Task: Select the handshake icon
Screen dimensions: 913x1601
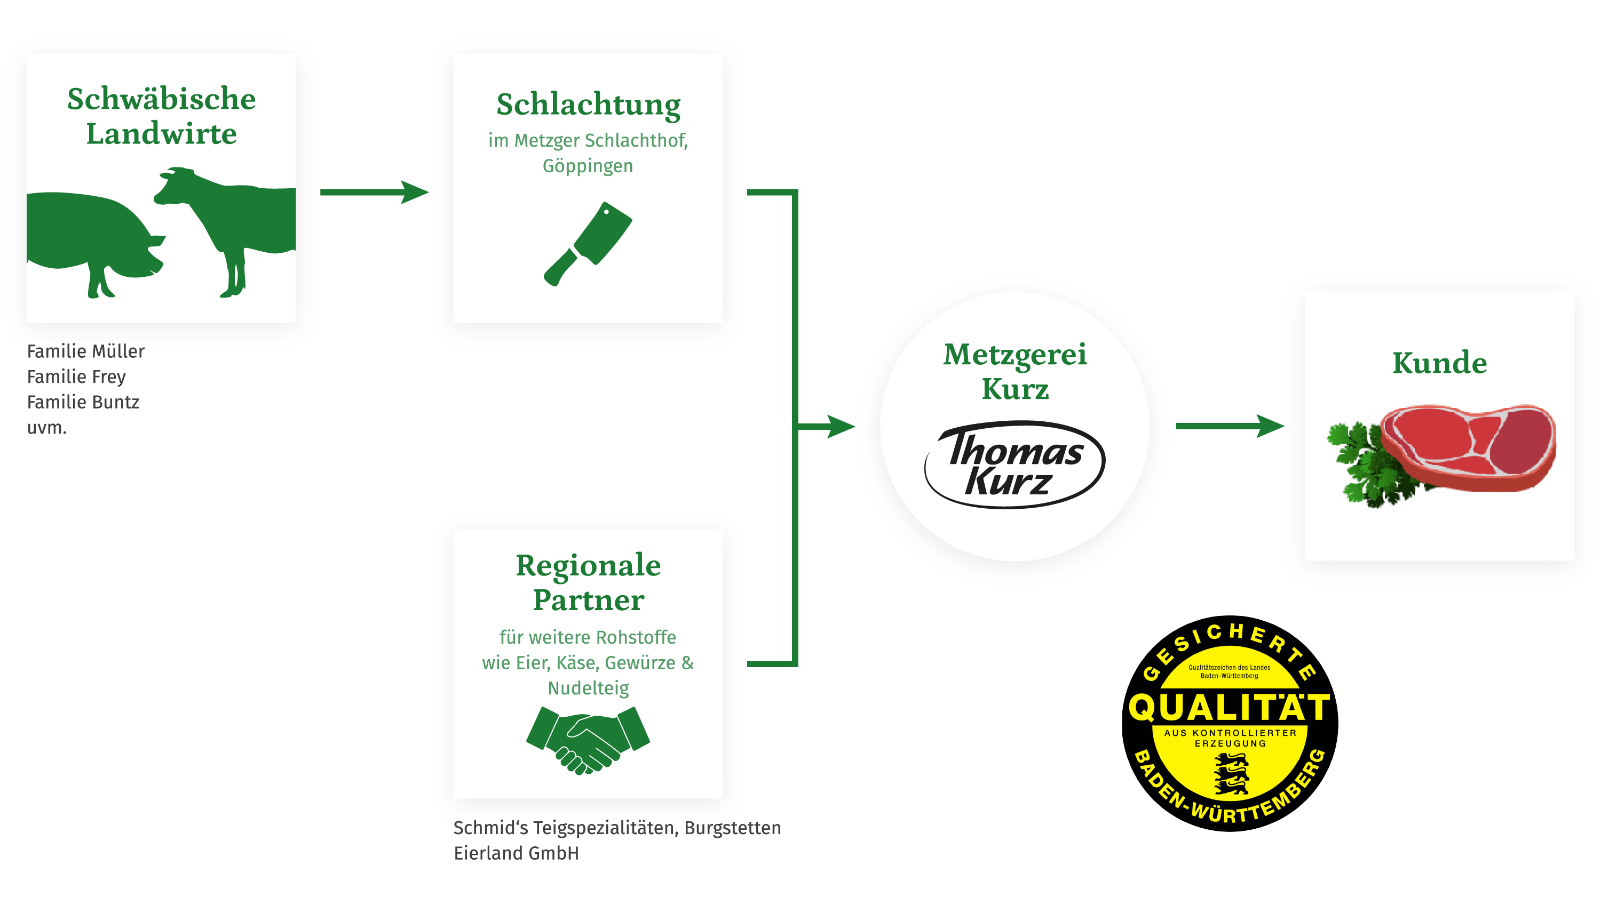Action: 588,739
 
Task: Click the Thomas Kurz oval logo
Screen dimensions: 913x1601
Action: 1015,464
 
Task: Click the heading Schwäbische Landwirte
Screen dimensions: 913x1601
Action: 161,116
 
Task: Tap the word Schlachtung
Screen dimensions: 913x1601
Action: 588,104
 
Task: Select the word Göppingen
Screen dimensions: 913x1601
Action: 588,166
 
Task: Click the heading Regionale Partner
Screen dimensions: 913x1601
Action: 588,582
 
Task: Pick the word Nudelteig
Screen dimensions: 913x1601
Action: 588,688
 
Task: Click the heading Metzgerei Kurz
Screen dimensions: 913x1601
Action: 1015,371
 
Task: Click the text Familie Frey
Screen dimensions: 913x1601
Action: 76,377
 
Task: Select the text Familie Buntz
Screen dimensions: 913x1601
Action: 83,402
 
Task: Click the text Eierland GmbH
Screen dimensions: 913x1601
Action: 516,853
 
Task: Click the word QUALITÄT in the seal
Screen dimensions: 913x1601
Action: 1229,707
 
